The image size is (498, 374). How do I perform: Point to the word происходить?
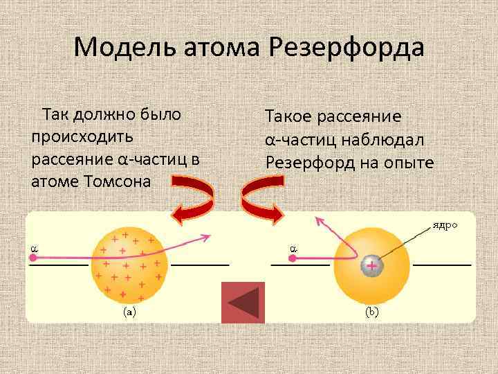[x=77, y=136]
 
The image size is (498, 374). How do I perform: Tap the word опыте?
[x=411, y=162]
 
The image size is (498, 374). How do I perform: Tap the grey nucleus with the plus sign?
[x=371, y=265]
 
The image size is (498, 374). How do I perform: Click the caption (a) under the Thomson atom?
[x=129, y=312]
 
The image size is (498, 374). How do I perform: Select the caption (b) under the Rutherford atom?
[x=371, y=312]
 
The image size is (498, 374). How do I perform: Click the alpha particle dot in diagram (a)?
[x=33, y=258]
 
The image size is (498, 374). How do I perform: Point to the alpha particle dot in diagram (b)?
[x=293, y=258]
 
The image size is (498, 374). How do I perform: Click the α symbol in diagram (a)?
[x=32, y=245]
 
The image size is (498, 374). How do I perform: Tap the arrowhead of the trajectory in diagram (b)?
[x=318, y=220]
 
